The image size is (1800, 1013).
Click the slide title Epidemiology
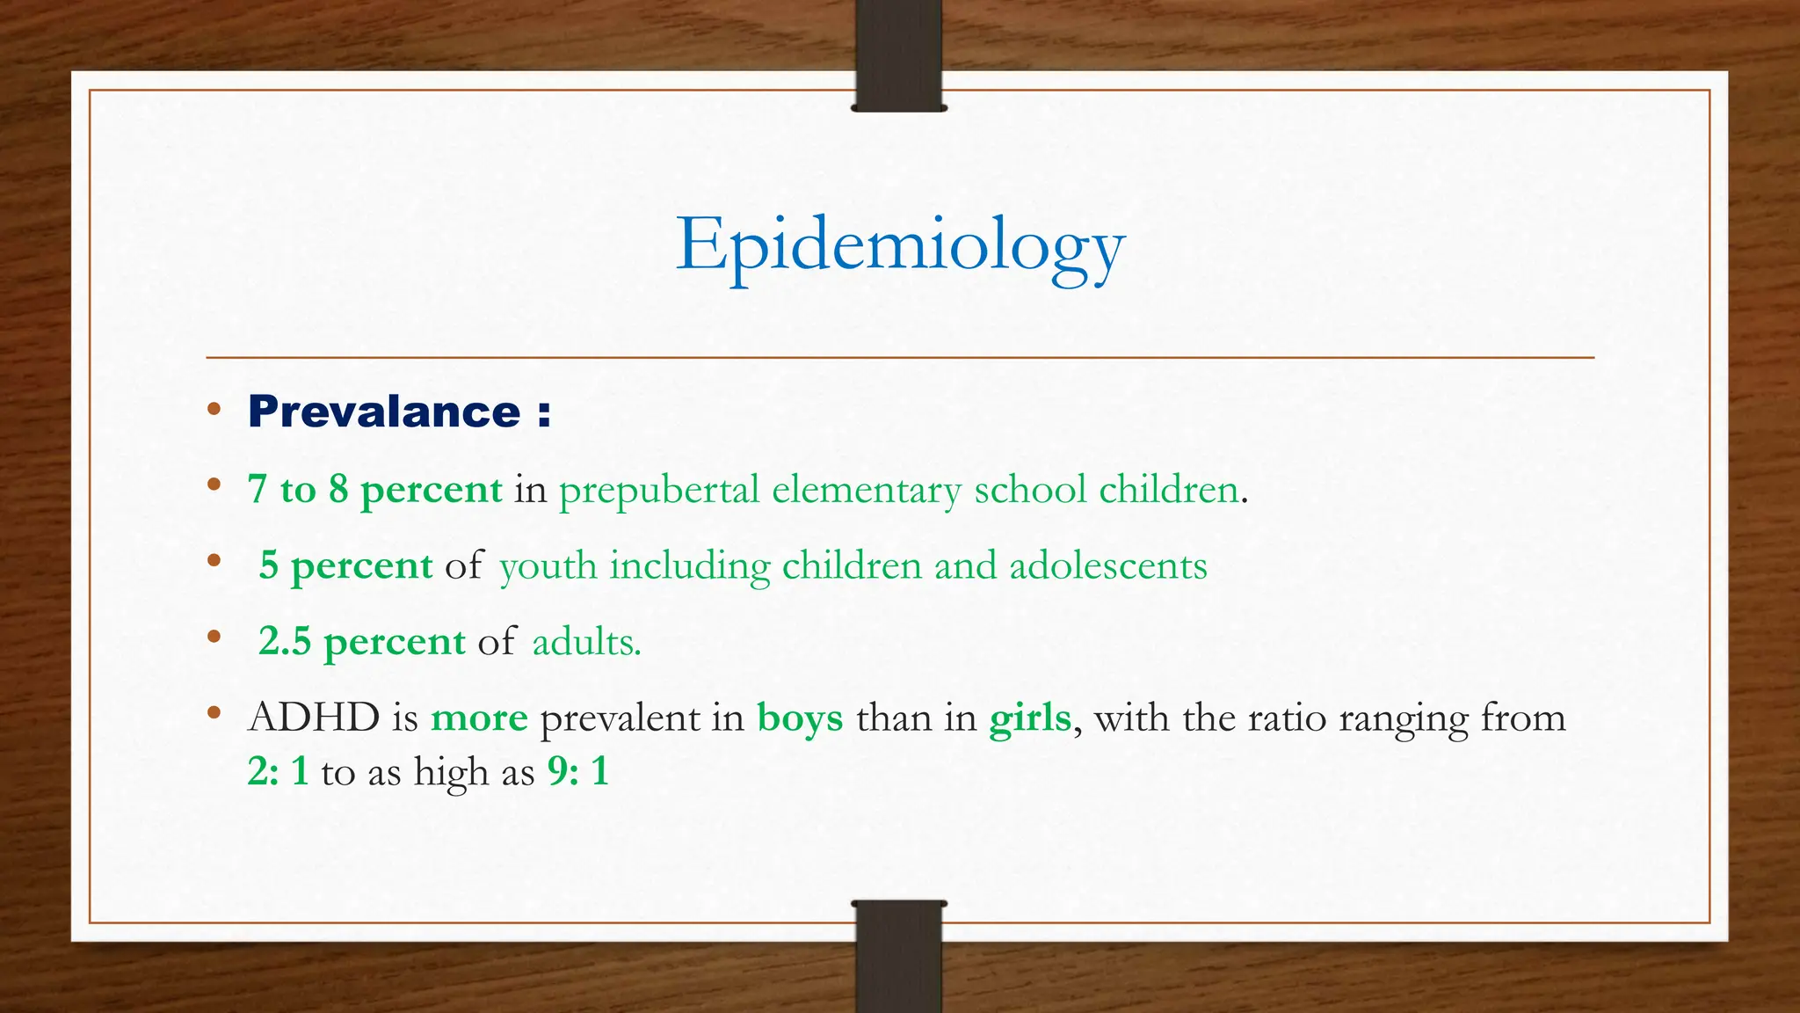click(900, 246)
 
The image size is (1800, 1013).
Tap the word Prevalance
click(384, 412)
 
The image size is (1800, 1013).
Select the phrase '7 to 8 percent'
click(375, 490)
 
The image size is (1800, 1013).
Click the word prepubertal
click(658, 490)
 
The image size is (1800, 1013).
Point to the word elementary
click(866, 490)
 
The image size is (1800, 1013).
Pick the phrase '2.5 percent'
click(361, 642)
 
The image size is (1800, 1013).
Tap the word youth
click(548, 566)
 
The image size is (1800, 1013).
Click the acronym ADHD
click(314, 718)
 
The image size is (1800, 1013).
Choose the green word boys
click(800, 718)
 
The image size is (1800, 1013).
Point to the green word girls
click(1029, 718)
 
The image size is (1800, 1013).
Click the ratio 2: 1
click(278, 772)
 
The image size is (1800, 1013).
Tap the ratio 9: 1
click(577, 772)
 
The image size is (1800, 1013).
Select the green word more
click(479, 718)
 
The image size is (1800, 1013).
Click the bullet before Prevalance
click(214, 409)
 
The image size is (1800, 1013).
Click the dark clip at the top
click(898, 55)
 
